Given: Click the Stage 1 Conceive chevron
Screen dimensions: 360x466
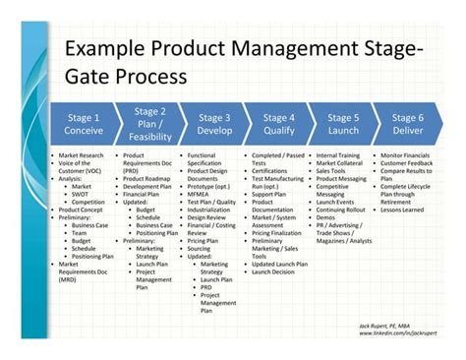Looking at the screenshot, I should (83, 124).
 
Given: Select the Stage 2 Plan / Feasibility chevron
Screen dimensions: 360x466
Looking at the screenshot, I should (147, 124).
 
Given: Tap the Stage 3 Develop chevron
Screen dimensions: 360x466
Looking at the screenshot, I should (212, 124).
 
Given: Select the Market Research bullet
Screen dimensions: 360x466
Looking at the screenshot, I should (82, 156).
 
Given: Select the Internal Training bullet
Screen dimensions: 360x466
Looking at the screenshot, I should (340, 156).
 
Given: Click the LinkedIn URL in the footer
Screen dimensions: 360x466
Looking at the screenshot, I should (399, 333).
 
